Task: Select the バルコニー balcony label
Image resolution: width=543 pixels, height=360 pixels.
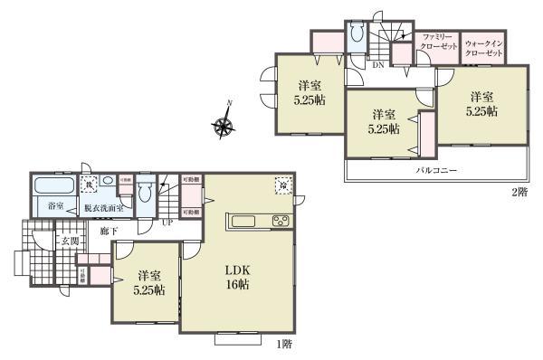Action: click(435, 169)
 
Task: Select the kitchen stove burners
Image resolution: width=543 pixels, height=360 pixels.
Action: click(280, 222)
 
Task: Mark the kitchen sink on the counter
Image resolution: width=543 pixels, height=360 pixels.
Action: click(245, 222)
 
